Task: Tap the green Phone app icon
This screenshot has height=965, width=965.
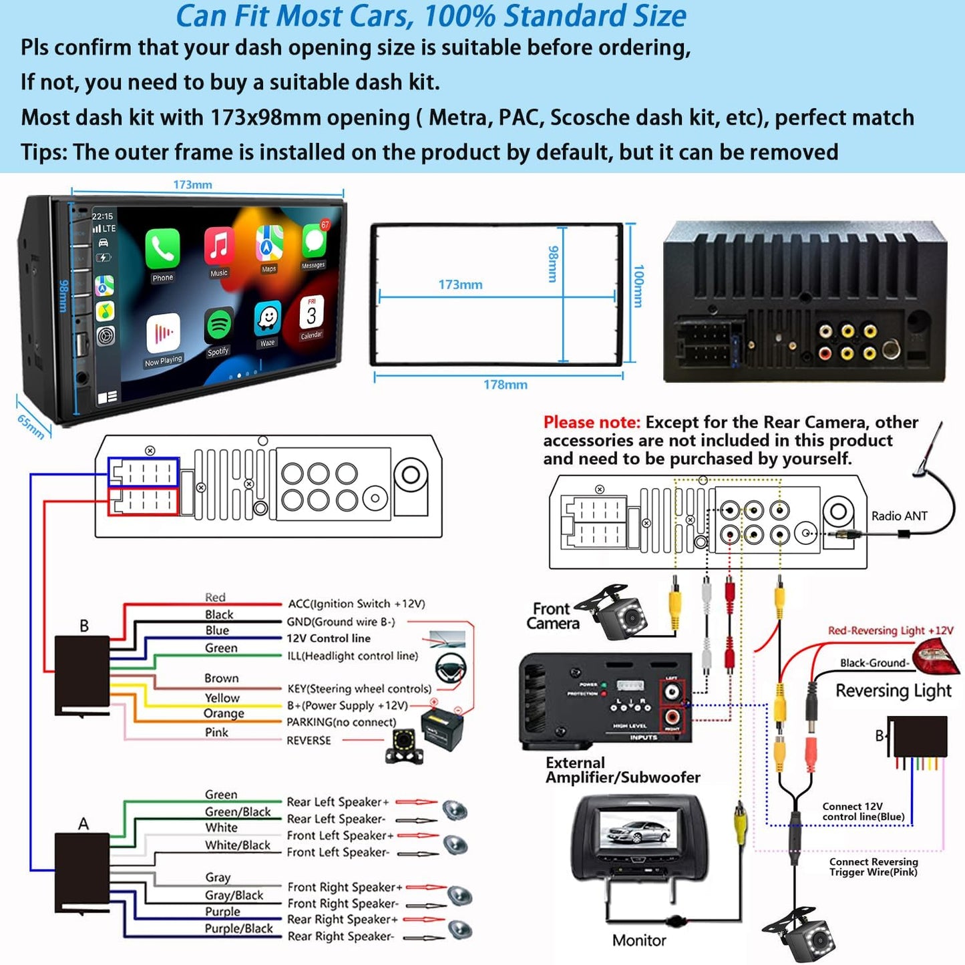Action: (x=162, y=248)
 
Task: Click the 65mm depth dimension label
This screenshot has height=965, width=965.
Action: (x=31, y=426)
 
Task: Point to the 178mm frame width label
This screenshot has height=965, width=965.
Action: (x=506, y=385)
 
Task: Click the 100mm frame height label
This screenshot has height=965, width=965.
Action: (x=638, y=286)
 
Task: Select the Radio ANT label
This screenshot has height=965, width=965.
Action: (x=899, y=516)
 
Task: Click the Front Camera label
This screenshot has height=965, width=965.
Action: (x=552, y=616)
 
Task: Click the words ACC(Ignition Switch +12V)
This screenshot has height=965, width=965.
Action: (x=356, y=604)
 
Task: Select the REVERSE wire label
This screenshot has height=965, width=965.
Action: (x=309, y=740)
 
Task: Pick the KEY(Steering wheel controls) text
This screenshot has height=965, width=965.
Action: (x=359, y=689)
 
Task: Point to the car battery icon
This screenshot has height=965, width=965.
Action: (x=442, y=729)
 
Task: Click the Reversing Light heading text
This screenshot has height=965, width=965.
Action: (x=893, y=691)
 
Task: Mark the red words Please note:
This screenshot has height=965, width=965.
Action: (x=592, y=422)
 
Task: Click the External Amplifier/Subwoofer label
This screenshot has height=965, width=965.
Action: (x=622, y=770)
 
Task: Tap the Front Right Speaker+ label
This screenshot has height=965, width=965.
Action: (x=345, y=887)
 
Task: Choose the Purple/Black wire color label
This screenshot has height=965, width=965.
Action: (x=238, y=928)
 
